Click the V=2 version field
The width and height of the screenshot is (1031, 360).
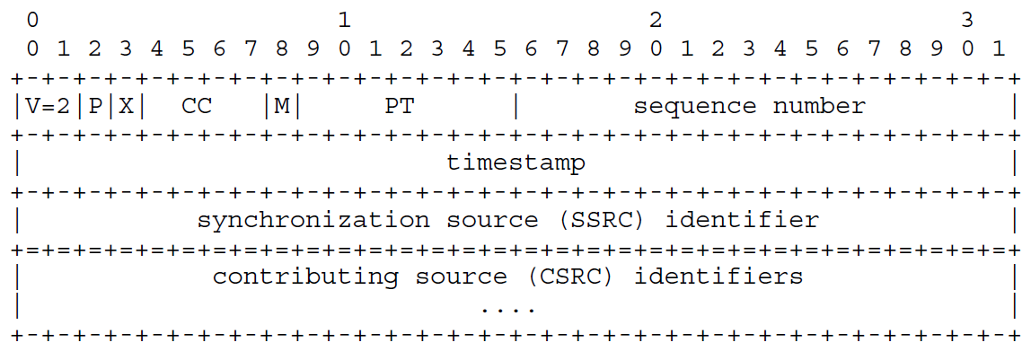(x=48, y=106)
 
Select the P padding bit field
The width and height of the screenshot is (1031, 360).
(x=95, y=106)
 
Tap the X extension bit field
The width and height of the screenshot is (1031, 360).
(x=126, y=106)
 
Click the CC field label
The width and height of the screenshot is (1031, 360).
(x=197, y=106)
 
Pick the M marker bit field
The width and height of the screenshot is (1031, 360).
(x=282, y=106)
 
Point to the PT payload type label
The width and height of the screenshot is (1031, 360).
(x=399, y=106)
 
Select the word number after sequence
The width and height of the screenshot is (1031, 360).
(x=819, y=106)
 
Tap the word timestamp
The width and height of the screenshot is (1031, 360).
(x=515, y=162)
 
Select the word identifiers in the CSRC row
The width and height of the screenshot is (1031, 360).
(x=718, y=277)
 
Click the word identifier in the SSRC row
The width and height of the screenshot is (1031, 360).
(x=742, y=219)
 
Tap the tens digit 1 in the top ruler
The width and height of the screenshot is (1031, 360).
(x=344, y=18)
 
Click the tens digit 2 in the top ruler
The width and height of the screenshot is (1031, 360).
(x=656, y=18)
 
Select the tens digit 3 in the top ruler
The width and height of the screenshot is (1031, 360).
(x=967, y=18)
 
